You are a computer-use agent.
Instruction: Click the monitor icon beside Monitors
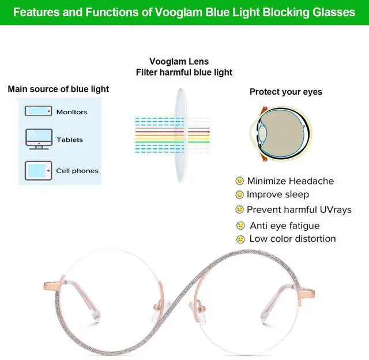click(39, 111)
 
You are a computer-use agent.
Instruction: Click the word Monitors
click(71, 112)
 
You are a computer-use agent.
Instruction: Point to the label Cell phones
click(77, 171)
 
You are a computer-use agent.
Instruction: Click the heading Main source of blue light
click(58, 89)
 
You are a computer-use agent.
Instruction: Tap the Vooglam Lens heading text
click(179, 62)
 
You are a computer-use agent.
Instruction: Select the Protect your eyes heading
click(285, 92)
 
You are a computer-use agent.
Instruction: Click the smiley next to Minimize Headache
click(240, 181)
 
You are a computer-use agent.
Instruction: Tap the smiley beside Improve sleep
click(239, 195)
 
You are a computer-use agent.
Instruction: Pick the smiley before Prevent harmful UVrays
click(240, 209)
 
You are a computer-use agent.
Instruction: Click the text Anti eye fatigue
click(284, 226)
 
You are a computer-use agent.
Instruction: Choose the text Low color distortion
click(292, 239)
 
